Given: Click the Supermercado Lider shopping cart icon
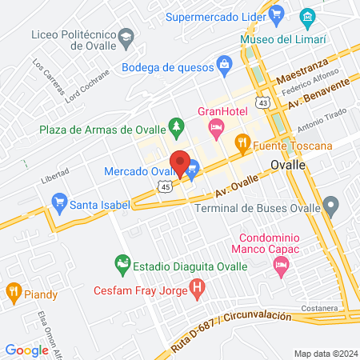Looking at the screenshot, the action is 278,14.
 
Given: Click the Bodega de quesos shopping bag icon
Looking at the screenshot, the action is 225,63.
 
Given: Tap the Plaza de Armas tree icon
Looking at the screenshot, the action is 176,126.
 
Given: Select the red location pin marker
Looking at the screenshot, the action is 181,163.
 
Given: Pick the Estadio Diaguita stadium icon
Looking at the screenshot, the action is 122,262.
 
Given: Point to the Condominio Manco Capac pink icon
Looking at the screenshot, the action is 280,273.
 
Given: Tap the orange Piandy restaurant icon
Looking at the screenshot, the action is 14,291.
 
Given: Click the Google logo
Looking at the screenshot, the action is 26,350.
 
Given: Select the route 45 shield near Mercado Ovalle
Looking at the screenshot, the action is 164,187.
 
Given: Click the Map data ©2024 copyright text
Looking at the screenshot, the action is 323,353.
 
